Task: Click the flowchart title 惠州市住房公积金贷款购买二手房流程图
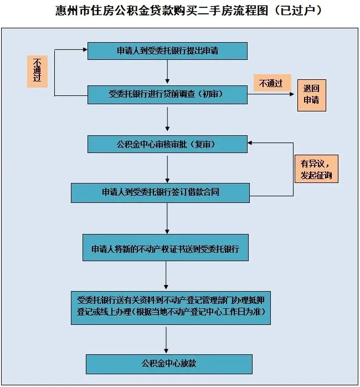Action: point(162,11)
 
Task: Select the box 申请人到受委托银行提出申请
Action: point(167,51)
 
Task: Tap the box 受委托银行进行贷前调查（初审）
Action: point(167,94)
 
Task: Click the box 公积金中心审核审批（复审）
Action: point(167,144)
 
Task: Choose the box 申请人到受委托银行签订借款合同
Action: point(160,193)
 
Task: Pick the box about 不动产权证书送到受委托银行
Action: point(166,247)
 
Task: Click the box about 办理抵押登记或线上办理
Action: point(171,308)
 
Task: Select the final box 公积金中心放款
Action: point(169,364)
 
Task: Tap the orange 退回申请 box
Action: point(312,95)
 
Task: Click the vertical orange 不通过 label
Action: point(37,72)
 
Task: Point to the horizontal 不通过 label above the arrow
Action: point(272,83)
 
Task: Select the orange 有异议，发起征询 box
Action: point(316,169)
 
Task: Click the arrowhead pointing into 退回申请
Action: point(292,94)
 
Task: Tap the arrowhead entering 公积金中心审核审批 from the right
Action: point(250,142)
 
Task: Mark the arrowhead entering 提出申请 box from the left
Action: point(85,49)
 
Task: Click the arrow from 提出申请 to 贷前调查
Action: point(167,72)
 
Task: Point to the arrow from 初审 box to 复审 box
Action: point(167,119)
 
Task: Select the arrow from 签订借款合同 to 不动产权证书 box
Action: point(167,218)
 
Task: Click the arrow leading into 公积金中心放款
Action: point(166,340)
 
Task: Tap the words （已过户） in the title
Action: point(298,11)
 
